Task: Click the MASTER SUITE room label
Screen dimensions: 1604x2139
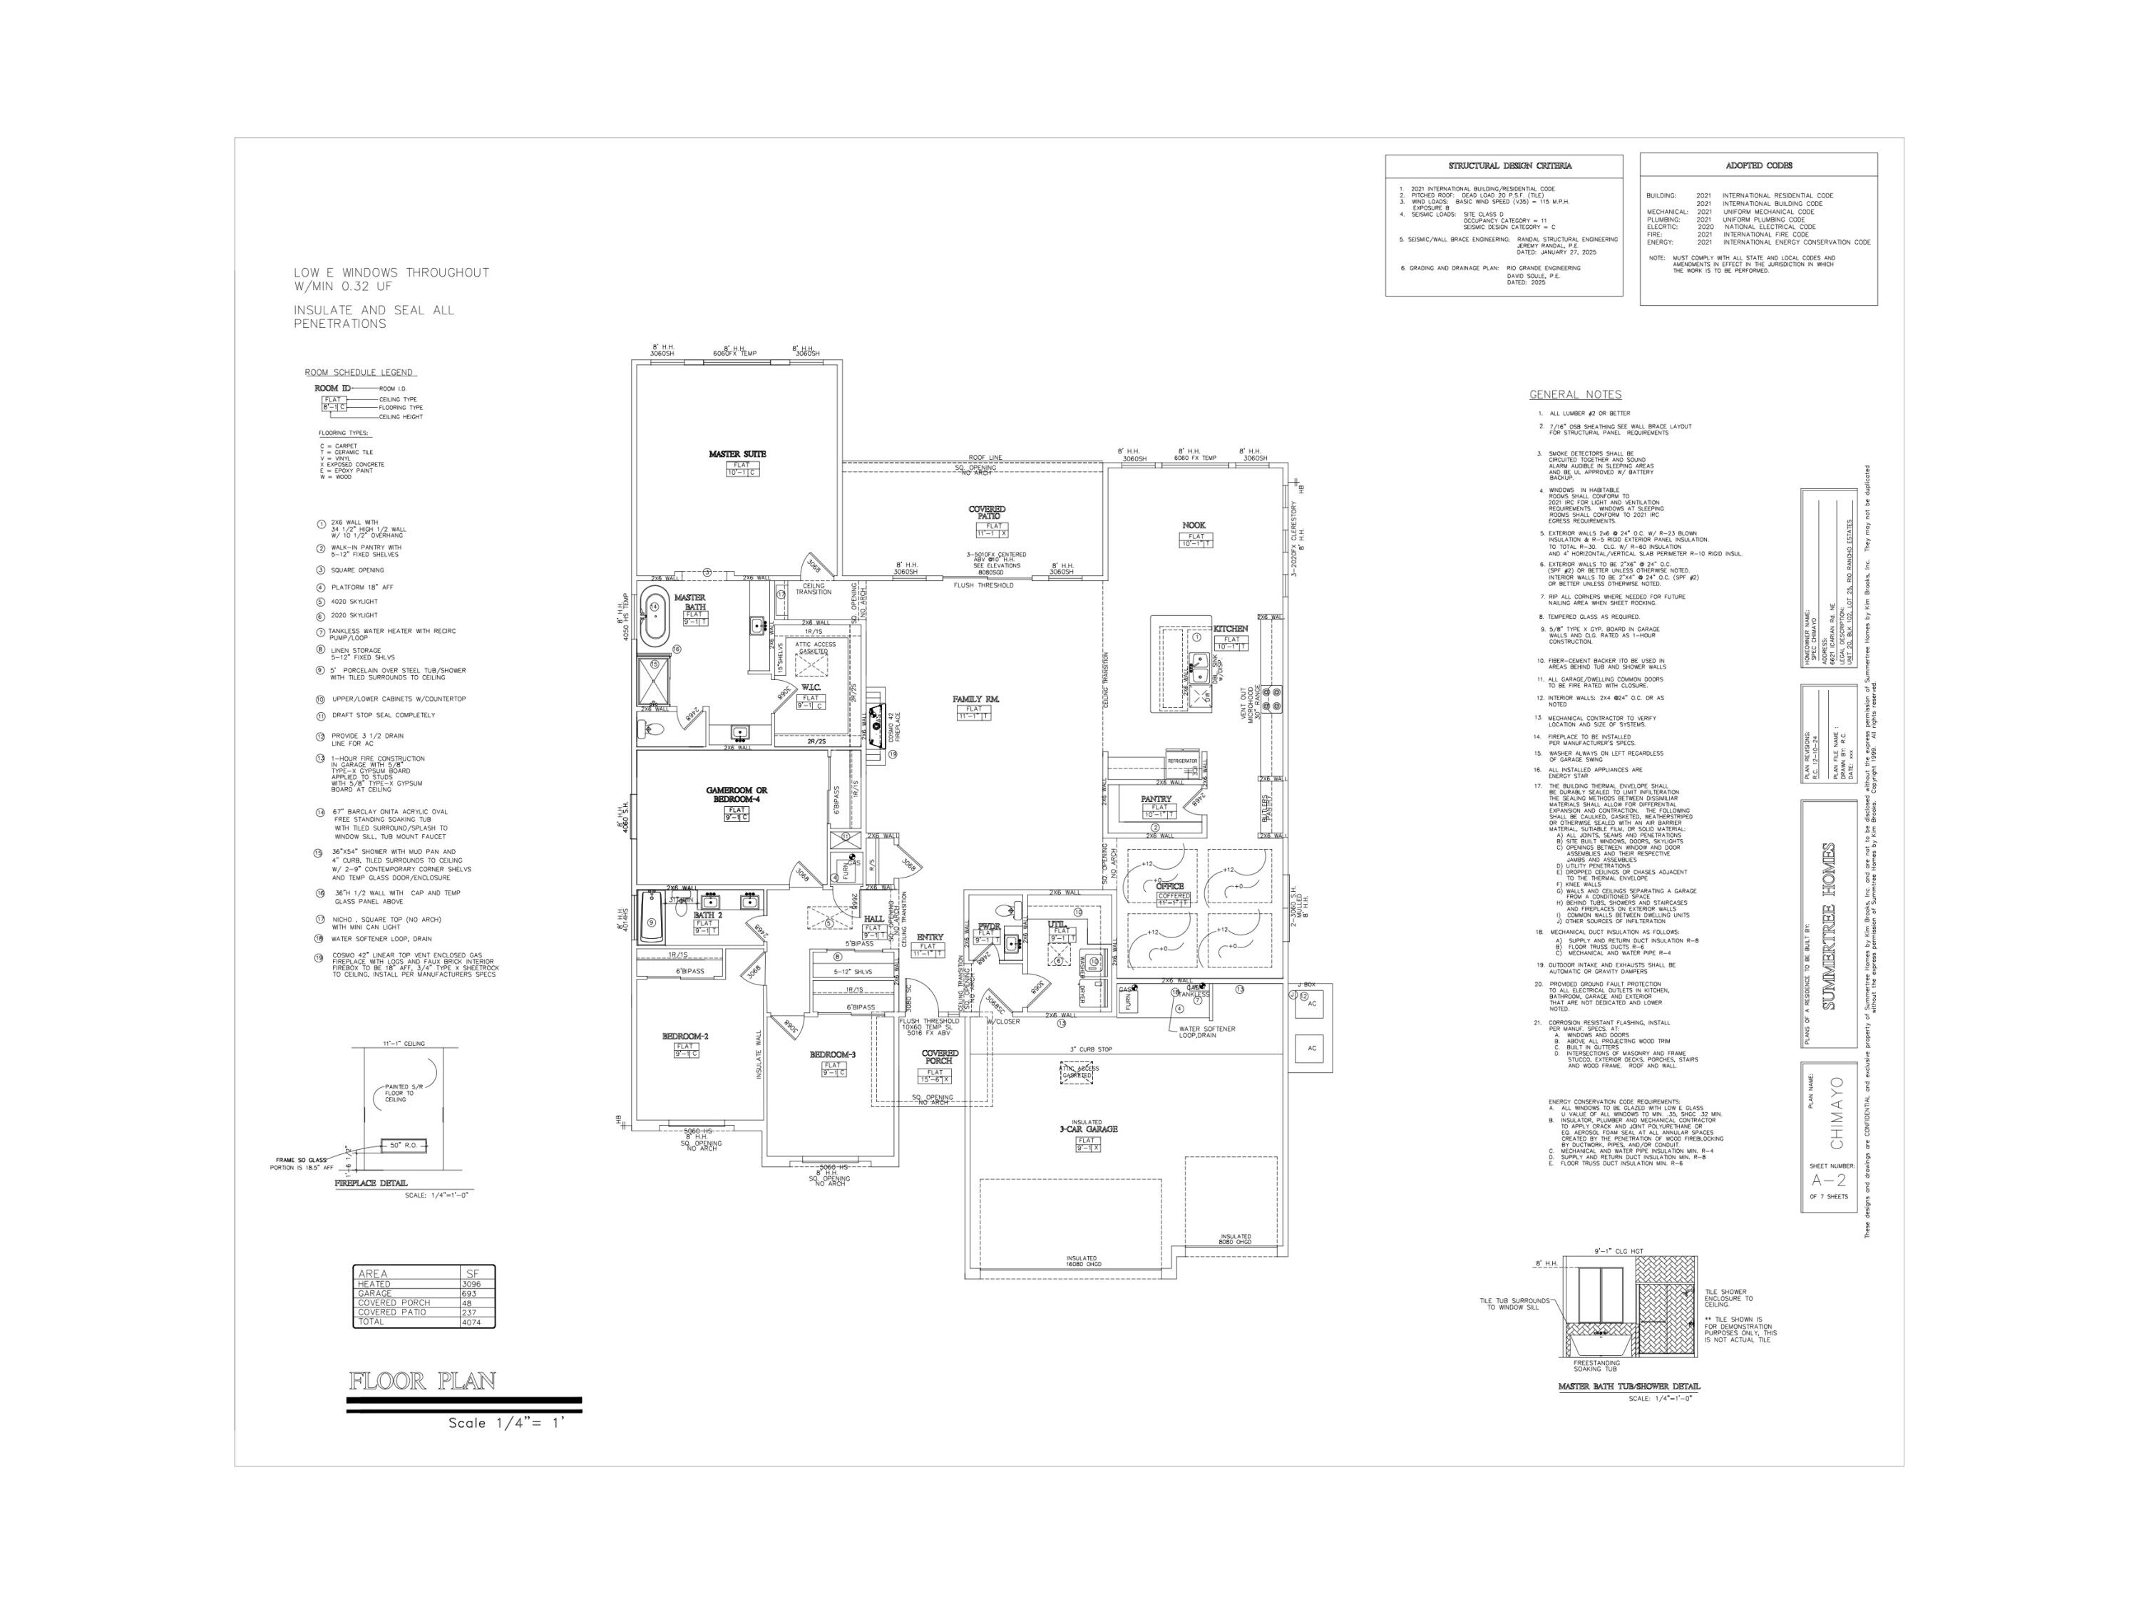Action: pos(737,453)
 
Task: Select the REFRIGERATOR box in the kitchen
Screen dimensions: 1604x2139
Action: pos(1181,761)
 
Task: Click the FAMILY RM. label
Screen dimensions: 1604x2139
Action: pos(975,698)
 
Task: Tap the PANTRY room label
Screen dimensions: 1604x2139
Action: pos(1156,798)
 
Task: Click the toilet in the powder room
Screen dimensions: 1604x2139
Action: pos(1012,909)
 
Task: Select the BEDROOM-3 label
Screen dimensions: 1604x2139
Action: pos(833,1054)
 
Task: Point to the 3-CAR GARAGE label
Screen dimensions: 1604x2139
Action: pos(1088,1129)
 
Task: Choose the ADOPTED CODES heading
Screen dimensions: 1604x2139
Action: pos(1758,165)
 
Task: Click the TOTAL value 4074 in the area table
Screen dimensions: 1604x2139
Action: pos(472,1322)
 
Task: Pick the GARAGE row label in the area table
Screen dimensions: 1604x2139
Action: pos(375,1292)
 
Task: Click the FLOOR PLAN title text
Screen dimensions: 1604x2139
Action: pos(423,1381)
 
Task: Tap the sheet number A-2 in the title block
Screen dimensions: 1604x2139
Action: pos(1827,1181)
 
